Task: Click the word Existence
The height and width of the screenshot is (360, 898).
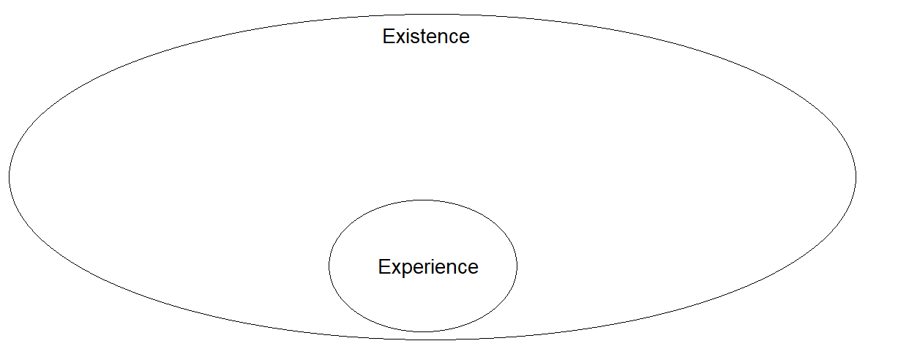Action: [x=426, y=37]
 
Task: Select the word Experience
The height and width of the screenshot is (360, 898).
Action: [x=428, y=267]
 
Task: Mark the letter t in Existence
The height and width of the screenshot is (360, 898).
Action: [x=423, y=37]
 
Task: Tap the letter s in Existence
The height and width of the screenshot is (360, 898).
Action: [x=415, y=37]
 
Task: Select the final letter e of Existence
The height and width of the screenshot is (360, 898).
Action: [x=464, y=37]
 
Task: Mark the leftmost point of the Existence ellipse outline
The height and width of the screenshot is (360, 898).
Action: [x=9, y=176]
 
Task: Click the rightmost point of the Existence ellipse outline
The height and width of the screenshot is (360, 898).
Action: [x=856, y=176]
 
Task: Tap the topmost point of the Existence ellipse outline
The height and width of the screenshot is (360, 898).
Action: [x=432, y=13]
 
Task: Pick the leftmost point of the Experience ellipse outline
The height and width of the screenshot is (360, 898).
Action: [x=329, y=266]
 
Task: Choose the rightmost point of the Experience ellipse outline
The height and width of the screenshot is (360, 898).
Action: [x=517, y=266]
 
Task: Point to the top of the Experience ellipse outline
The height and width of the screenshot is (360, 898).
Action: [x=423, y=200]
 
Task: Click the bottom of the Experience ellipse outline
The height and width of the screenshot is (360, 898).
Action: [x=423, y=331]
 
